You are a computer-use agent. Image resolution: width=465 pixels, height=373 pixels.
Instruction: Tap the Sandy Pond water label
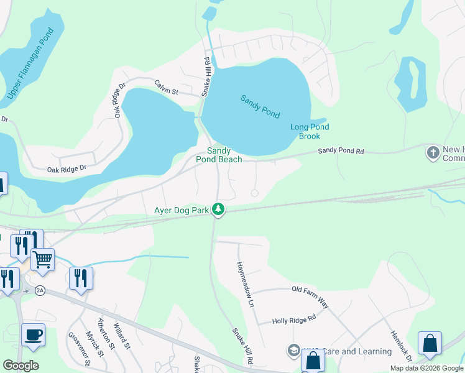click(x=260, y=106)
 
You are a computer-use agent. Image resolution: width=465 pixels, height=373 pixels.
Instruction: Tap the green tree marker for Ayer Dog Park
click(x=218, y=210)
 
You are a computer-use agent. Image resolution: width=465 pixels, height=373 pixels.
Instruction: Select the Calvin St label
click(x=166, y=91)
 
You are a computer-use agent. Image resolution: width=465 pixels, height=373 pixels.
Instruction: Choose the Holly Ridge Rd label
click(x=295, y=320)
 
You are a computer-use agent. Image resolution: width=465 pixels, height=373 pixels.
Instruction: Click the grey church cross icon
click(x=433, y=152)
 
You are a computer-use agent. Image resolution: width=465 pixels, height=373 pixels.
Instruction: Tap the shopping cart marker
click(x=42, y=260)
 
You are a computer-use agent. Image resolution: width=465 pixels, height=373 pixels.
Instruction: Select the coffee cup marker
click(x=33, y=334)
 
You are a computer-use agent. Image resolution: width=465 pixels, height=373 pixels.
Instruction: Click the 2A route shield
click(x=40, y=290)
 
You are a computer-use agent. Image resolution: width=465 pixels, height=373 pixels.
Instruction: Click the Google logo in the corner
click(x=21, y=366)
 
